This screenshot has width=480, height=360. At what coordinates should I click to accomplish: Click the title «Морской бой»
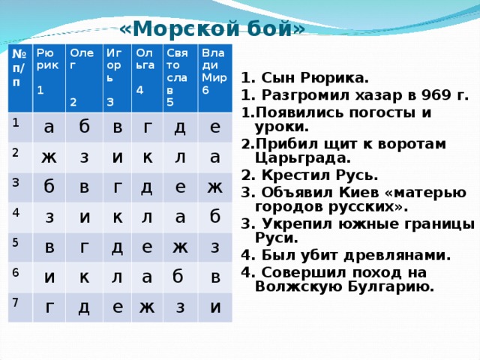click(x=212, y=28)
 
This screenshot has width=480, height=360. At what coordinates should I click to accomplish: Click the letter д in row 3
click(x=147, y=186)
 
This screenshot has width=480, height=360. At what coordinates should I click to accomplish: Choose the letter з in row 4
click(x=49, y=217)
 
